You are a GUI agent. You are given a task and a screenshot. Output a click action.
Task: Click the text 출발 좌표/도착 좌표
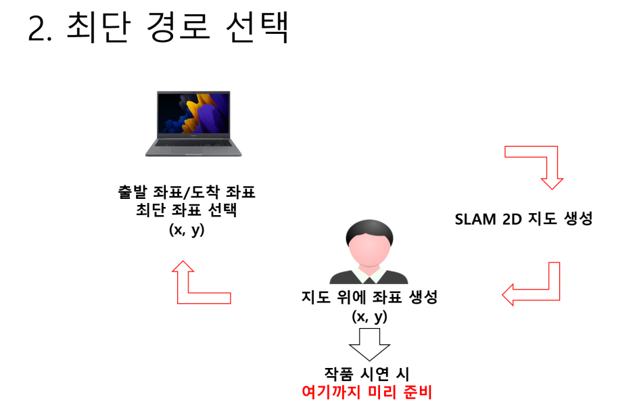click(x=186, y=193)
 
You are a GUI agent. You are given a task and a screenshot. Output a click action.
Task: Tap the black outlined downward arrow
click(x=369, y=344)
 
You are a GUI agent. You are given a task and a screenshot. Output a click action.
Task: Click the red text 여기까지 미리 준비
click(x=369, y=392)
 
